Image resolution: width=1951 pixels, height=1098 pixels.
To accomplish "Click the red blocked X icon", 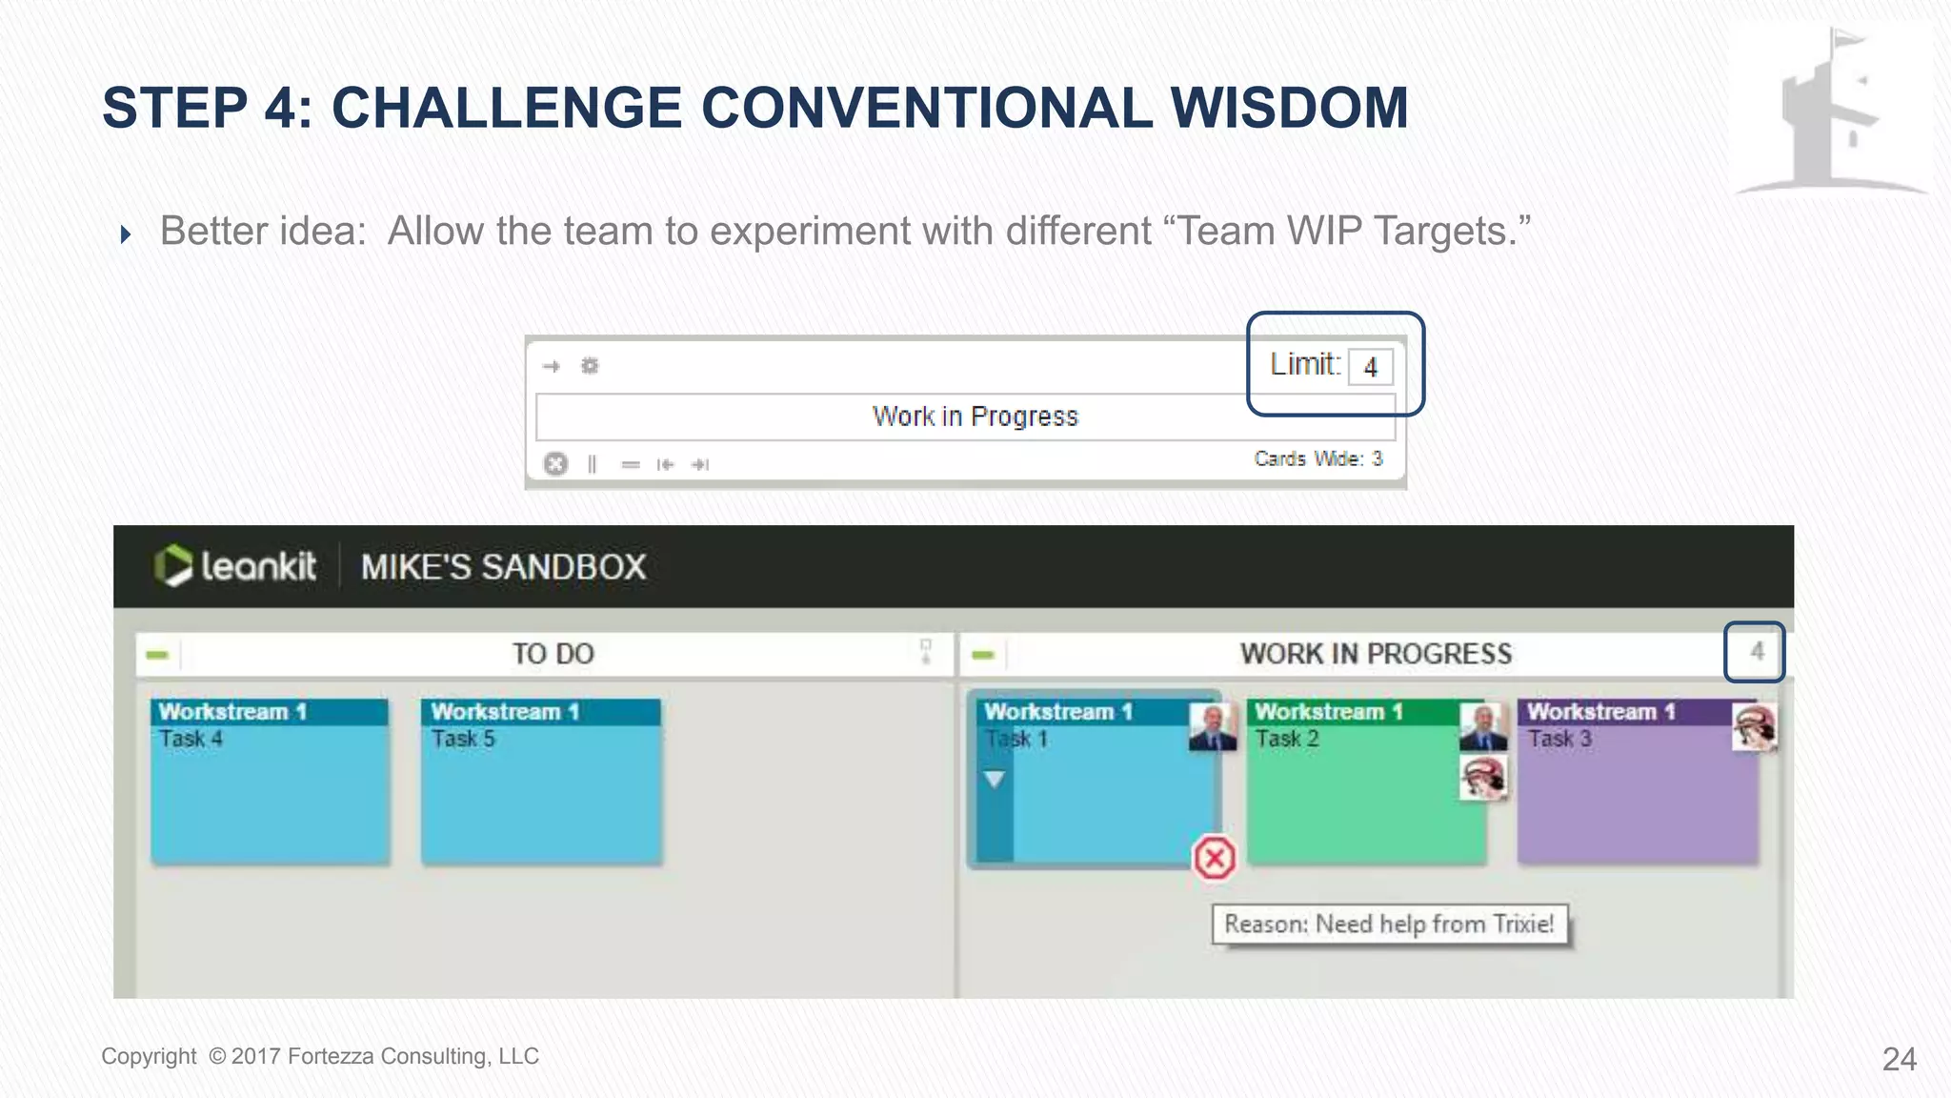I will point(1215,858).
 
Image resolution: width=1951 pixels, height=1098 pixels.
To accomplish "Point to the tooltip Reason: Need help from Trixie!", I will point(1389,925).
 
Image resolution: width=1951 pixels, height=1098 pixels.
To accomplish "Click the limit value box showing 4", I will point(1371,367).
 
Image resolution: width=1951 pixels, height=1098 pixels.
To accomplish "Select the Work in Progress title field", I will point(974,417).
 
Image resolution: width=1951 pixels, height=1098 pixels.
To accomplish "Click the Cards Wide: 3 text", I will point(1317,459).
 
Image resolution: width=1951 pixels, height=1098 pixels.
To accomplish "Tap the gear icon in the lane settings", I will point(590,366).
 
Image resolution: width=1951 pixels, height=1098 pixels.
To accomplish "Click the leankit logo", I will point(235,566).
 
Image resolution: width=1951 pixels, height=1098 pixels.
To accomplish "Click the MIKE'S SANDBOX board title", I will point(503,567).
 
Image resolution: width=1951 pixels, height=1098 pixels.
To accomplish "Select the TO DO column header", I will point(553,654).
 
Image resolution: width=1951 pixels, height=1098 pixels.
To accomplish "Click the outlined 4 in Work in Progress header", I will point(1755,652).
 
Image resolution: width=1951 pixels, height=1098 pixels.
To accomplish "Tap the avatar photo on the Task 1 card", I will point(1212,727).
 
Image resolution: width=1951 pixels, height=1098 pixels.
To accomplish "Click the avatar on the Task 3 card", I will point(1754,727).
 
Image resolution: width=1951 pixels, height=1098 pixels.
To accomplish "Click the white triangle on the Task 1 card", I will point(994,780).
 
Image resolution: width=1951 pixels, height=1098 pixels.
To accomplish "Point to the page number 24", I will point(1899,1059).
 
